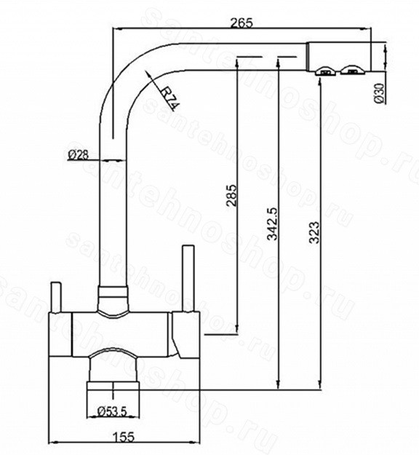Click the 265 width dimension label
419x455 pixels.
point(242,23)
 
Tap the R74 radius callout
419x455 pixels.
point(169,98)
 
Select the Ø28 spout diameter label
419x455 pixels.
point(78,155)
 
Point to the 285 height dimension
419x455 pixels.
point(231,195)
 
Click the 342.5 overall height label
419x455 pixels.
point(272,223)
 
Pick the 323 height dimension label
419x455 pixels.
point(314,232)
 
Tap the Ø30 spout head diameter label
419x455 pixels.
point(379,93)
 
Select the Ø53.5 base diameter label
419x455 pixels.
point(113,411)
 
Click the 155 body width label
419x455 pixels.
point(124,437)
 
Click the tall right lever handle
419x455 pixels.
point(188,279)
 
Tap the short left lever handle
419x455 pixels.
point(56,297)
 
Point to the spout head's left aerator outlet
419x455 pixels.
point(326,71)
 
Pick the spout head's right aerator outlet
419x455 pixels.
point(351,70)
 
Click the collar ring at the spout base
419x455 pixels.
point(113,291)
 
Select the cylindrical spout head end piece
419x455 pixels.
point(339,57)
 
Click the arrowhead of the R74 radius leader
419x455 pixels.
point(148,74)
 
